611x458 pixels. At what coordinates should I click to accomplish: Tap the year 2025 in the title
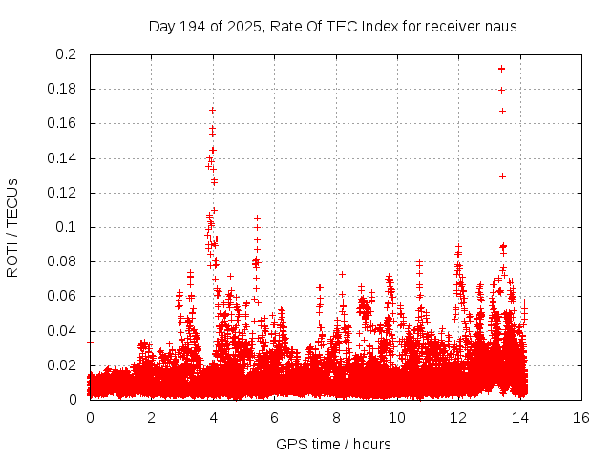tap(246, 27)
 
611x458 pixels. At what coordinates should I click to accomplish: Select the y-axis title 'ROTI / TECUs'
tap(13, 228)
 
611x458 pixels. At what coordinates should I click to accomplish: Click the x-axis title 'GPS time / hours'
tap(333, 444)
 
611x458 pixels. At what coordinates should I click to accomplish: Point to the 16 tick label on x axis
tap(581, 417)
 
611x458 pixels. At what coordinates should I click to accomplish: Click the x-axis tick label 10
tap(397, 417)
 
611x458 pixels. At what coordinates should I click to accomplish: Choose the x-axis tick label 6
tap(274, 417)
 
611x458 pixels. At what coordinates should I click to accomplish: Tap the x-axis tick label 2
tap(151, 417)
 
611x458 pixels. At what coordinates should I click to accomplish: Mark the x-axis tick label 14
tap(520, 417)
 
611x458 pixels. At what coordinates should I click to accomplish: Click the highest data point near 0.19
tap(502, 69)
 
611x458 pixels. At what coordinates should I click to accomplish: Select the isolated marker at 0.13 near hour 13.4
tap(502, 176)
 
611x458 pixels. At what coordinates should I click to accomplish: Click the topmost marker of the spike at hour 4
tap(212, 110)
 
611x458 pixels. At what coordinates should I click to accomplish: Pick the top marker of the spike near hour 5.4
tap(257, 218)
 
